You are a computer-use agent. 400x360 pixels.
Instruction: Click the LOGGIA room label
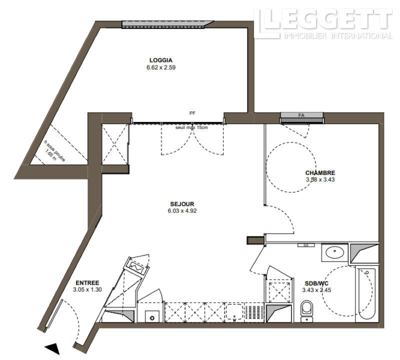[x=160, y=60]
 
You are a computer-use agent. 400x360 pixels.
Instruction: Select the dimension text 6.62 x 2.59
[x=161, y=67]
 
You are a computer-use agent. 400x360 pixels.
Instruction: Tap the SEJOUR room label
[x=182, y=204]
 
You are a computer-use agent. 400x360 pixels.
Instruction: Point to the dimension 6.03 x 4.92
[x=182, y=210]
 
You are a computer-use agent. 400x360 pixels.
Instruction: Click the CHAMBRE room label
[x=320, y=172]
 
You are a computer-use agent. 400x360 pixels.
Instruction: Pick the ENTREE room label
[x=87, y=283]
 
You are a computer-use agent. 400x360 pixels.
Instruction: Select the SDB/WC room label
[x=316, y=283]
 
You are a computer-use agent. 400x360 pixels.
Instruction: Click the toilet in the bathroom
[x=306, y=311]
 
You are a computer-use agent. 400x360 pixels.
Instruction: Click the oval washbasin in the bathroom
[x=334, y=252]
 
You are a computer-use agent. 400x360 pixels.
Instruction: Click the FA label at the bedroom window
[x=301, y=115]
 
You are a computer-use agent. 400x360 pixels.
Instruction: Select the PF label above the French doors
[x=192, y=113]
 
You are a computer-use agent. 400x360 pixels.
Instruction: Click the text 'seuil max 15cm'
[x=191, y=127]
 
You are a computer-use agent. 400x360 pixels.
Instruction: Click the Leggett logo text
[x=323, y=23]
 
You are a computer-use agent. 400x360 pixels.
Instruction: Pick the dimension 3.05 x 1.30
[x=87, y=289]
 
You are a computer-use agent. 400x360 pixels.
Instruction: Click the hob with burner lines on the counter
[x=254, y=312]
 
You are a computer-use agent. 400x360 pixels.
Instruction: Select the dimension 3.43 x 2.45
[x=316, y=290]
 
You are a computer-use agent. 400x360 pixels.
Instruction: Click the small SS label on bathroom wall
[x=306, y=245]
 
